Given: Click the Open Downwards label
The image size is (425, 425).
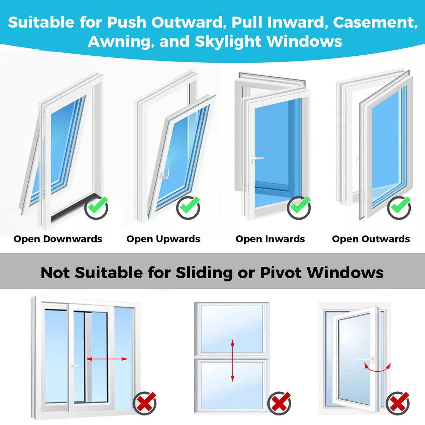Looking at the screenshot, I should pos(58,239).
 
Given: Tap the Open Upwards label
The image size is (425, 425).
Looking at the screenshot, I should pos(163,239).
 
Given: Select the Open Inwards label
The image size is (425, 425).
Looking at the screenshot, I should pos(270,239).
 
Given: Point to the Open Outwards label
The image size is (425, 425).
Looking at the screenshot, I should pos(371,239).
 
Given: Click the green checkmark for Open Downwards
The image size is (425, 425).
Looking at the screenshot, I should pos(97,207).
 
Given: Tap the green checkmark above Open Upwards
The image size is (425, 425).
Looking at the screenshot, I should pos(188,207).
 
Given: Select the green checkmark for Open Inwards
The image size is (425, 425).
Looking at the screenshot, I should pos(299,207).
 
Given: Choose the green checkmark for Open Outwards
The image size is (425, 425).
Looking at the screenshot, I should pos(399,207).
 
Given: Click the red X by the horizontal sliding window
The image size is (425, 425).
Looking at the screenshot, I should pos(145,403).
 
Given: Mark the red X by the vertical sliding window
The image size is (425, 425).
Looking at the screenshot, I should pos(279,403).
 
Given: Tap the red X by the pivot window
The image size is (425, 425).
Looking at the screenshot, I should pos(398,403).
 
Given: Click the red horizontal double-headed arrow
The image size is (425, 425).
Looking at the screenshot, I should pos(107,359).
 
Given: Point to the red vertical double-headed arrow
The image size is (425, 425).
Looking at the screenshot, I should pos(232,361).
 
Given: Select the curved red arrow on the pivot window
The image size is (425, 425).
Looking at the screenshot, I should pos(377,368).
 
